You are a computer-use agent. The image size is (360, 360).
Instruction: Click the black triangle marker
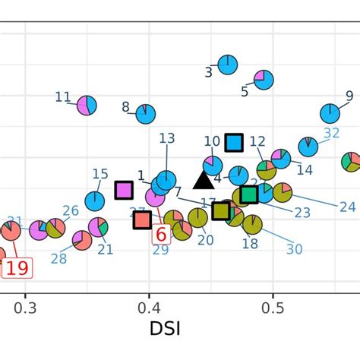click(x=203, y=180)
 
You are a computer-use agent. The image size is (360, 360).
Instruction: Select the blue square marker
click(x=234, y=142)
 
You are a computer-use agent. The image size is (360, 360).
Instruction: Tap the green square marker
click(x=249, y=194)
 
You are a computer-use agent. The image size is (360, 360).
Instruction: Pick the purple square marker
click(x=124, y=190)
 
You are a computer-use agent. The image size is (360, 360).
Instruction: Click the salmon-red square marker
click(x=142, y=219)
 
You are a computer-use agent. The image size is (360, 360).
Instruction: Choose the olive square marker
click(x=221, y=210)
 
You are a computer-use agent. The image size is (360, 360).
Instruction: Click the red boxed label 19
click(x=17, y=267)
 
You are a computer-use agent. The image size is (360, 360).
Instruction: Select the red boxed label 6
click(x=160, y=235)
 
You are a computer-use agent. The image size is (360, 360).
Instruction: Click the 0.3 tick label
click(x=25, y=308)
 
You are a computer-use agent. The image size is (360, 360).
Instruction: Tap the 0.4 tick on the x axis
click(x=149, y=308)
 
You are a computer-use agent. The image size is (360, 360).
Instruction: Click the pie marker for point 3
click(x=227, y=65)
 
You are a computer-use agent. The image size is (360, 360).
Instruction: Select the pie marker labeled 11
click(x=87, y=106)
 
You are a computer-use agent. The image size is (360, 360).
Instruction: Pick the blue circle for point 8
click(x=145, y=114)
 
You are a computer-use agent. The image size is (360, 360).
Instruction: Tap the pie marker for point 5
click(x=264, y=79)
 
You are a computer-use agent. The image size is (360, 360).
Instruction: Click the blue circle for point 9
click(x=330, y=113)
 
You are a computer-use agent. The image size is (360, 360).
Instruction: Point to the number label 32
click(x=331, y=134)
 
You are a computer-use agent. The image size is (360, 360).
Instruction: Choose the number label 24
click(x=347, y=207)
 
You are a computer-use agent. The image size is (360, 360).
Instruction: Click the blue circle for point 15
click(x=95, y=201)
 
